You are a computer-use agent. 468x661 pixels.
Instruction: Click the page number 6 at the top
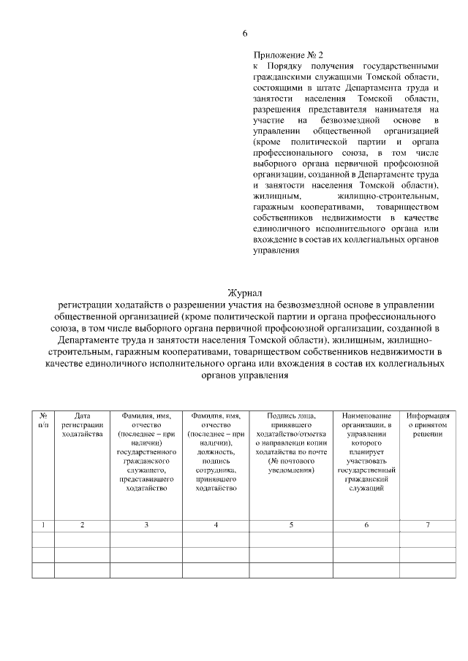(245, 34)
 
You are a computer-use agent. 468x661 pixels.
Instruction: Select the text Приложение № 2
(287, 54)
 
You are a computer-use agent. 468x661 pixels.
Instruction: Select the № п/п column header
(43, 420)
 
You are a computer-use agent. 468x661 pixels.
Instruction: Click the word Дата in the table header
(82, 416)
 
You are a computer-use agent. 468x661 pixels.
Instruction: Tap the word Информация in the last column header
(427, 416)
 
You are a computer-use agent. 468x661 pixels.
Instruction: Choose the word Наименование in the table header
(366, 416)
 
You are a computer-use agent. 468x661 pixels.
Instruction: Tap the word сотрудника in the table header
(216, 470)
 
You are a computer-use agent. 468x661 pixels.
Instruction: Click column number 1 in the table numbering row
(43, 524)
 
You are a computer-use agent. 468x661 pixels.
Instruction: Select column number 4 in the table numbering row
(216, 524)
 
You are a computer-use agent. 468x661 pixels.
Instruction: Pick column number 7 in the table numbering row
(427, 524)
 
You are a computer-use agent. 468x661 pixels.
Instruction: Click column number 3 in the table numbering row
(146, 524)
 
